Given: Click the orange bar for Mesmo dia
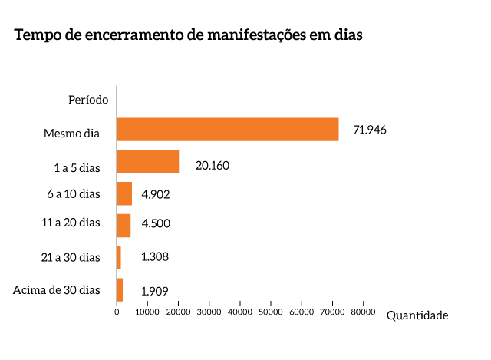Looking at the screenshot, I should click(227, 130).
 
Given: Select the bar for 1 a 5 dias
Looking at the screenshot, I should click(147, 162).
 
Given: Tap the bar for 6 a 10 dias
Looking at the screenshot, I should click(124, 193).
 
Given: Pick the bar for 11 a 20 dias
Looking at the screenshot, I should click(123, 226).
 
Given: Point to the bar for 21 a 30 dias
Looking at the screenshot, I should click(118, 257).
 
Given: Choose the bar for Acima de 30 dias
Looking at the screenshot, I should click(119, 289).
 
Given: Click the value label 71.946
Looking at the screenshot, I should click(369, 130).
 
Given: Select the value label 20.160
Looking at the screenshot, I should click(213, 165).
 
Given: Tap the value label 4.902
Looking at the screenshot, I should click(156, 194).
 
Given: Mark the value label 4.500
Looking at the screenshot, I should click(156, 224).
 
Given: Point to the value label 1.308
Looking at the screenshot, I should click(155, 256).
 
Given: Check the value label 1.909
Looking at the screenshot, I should click(155, 291).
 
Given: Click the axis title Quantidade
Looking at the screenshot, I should click(417, 315).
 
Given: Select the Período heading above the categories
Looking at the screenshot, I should click(88, 99).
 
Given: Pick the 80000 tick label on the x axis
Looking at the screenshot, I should click(363, 312).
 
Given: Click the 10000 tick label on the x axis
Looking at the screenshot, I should click(147, 312).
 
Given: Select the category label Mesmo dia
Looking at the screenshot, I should click(71, 134).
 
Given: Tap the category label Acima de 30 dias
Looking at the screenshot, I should click(57, 289).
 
